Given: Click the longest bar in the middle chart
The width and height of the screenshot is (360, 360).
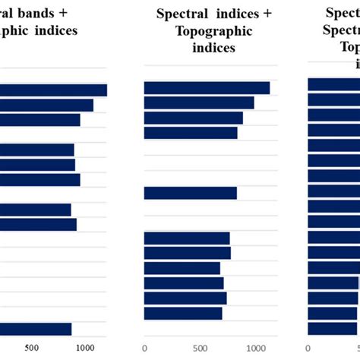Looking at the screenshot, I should point(207,88).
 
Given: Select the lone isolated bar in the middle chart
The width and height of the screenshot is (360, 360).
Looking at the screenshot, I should point(190,193).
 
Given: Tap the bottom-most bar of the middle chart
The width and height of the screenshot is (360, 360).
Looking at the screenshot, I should point(183,314).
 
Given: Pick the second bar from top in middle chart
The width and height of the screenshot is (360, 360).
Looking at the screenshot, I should point(199,103).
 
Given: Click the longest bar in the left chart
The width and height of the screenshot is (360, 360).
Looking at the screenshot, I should point(53,90).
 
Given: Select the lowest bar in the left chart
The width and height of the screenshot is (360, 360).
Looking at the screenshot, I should point(36,329).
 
